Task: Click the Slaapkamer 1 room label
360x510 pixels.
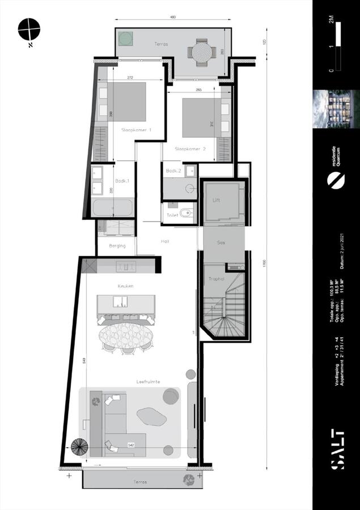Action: (x=136, y=130)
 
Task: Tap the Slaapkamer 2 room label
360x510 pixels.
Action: (x=190, y=149)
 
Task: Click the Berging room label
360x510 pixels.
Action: (x=117, y=245)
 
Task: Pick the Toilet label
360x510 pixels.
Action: (x=172, y=215)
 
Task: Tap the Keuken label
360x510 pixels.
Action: (x=125, y=286)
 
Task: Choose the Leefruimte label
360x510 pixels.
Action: (x=148, y=382)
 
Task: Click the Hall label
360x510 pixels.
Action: (x=166, y=241)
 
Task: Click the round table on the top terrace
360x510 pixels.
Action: (x=201, y=53)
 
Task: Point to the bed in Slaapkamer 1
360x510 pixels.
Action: (x=125, y=102)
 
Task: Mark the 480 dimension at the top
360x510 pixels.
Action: (x=173, y=18)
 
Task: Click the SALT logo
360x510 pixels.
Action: (x=337, y=447)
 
